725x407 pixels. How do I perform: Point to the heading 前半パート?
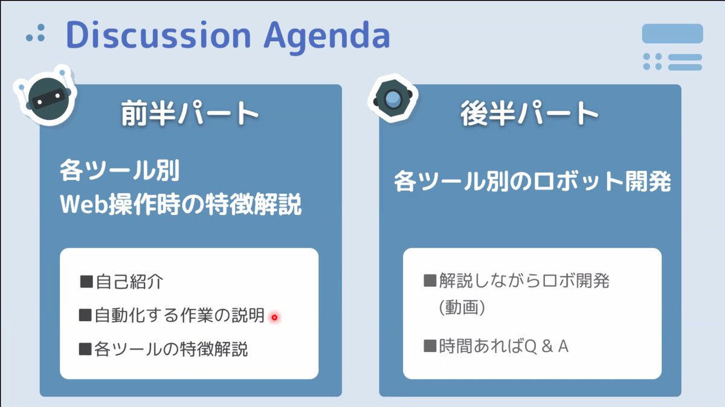[x=190, y=114]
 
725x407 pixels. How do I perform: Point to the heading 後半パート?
[x=529, y=114]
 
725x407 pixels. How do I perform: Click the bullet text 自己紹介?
[x=129, y=281]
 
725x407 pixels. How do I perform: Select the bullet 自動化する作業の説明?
[x=179, y=315]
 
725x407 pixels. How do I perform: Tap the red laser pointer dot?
[x=274, y=317]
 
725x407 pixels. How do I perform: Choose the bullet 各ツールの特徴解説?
[x=171, y=349]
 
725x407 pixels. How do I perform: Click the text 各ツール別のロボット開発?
[x=532, y=181]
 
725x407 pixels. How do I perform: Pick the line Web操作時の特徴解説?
[x=181, y=206]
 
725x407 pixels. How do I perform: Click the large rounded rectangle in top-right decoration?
[x=672, y=34]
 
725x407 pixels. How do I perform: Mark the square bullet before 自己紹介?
[x=86, y=281]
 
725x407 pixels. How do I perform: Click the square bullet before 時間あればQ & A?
[x=430, y=347]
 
